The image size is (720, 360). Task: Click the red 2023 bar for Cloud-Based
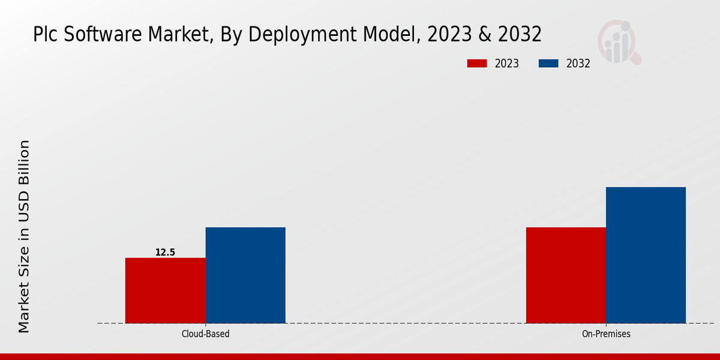pos(165,290)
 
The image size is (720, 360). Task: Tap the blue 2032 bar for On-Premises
pos(646,255)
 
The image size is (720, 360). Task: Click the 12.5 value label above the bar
pos(165,253)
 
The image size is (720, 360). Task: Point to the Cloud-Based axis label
pos(205,334)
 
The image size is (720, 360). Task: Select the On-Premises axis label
pos(606,334)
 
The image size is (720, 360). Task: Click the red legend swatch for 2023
pos(477,64)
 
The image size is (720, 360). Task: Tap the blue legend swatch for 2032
pos(549,64)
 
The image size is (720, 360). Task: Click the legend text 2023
pos(507,64)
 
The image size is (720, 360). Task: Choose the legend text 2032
pos(578,64)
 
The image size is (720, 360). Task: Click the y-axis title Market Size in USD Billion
pos(24,236)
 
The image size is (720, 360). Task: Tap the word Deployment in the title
pos(300,35)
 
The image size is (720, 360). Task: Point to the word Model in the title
pos(386,35)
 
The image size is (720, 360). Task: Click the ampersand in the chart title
pos(485,35)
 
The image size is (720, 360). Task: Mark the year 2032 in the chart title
pos(518,35)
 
